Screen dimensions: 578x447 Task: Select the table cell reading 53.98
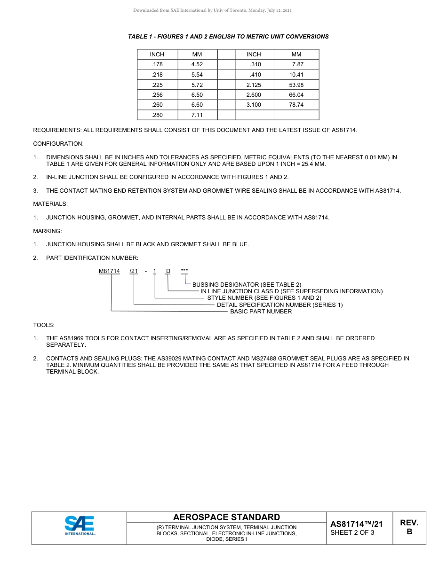click(296, 85)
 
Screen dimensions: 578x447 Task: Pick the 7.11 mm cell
click(197, 115)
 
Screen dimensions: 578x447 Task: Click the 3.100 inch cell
click(254, 105)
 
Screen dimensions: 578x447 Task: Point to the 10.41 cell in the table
click(296, 75)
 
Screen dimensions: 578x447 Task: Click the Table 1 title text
click(228, 37)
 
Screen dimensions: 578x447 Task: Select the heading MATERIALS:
click(50, 204)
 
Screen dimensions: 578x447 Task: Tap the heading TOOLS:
click(44, 325)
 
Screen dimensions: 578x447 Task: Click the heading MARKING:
click(48, 231)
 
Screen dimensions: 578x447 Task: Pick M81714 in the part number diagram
click(109, 271)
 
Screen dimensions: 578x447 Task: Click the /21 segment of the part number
click(134, 271)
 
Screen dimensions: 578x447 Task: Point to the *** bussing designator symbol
click(184, 271)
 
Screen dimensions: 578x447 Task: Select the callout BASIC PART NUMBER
click(261, 312)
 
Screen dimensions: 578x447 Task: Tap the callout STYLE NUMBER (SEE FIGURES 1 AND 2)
click(264, 298)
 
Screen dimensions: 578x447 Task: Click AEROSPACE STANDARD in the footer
click(226, 517)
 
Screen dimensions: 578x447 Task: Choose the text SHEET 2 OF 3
click(352, 533)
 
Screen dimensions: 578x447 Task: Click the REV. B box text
click(409, 527)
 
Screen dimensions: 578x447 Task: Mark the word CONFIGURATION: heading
click(58, 144)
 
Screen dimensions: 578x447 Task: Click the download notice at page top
click(213, 10)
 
